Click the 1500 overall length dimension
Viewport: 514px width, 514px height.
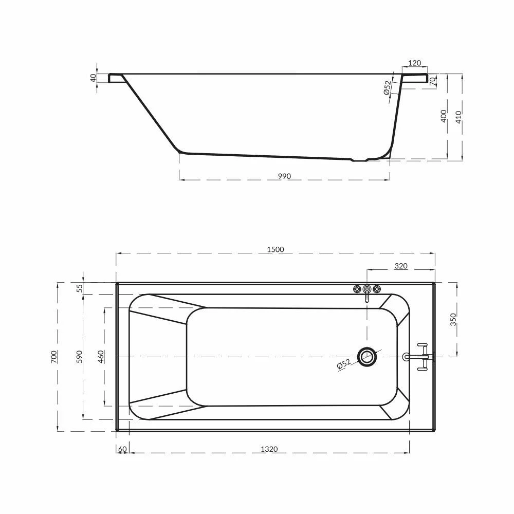tap(276, 249)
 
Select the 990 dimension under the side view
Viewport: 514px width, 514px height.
tap(284, 176)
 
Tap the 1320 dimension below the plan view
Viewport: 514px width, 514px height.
tap(269, 449)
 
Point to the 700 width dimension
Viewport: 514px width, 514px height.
tap(54, 357)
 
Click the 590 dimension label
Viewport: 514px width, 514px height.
tap(79, 357)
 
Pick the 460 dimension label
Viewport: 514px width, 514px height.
tap(101, 357)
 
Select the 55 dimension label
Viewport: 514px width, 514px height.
tap(80, 288)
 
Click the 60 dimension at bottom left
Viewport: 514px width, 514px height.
tap(122, 449)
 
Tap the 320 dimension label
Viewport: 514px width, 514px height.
tap(400, 266)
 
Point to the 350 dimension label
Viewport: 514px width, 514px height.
tap(453, 319)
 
